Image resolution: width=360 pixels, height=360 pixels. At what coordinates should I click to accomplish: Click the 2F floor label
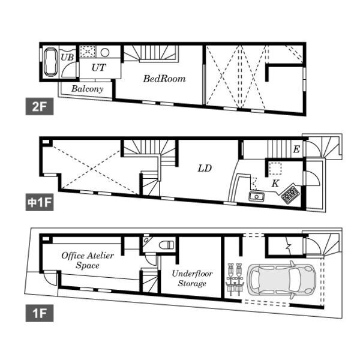(40, 106)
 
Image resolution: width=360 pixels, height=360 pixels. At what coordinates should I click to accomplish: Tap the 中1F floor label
(40, 202)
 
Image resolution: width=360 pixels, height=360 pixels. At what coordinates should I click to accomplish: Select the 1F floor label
(40, 313)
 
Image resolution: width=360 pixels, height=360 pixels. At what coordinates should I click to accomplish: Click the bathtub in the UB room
(50, 62)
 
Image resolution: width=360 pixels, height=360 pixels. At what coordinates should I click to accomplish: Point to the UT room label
(99, 67)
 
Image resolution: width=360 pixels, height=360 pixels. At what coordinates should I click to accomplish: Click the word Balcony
(87, 89)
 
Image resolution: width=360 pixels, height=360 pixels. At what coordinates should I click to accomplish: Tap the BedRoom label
(164, 79)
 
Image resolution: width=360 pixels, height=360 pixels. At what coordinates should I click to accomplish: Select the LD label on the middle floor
(205, 169)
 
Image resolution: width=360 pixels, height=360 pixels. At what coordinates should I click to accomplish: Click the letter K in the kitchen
(275, 183)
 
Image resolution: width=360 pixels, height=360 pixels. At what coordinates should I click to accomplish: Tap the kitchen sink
(256, 197)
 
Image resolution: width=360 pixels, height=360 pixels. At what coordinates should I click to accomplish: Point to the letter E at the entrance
(296, 149)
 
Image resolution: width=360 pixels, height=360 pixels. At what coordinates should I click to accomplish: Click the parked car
(281, 280)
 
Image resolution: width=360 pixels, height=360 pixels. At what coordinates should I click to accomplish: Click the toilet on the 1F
(167, 245)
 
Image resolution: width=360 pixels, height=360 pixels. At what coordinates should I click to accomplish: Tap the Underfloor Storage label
(192, 278)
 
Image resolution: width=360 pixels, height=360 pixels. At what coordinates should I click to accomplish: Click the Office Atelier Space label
(88, 260)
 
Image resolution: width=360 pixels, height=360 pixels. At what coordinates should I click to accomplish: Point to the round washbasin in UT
(105, 53)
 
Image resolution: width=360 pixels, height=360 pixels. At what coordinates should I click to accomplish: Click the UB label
(67, 57)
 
